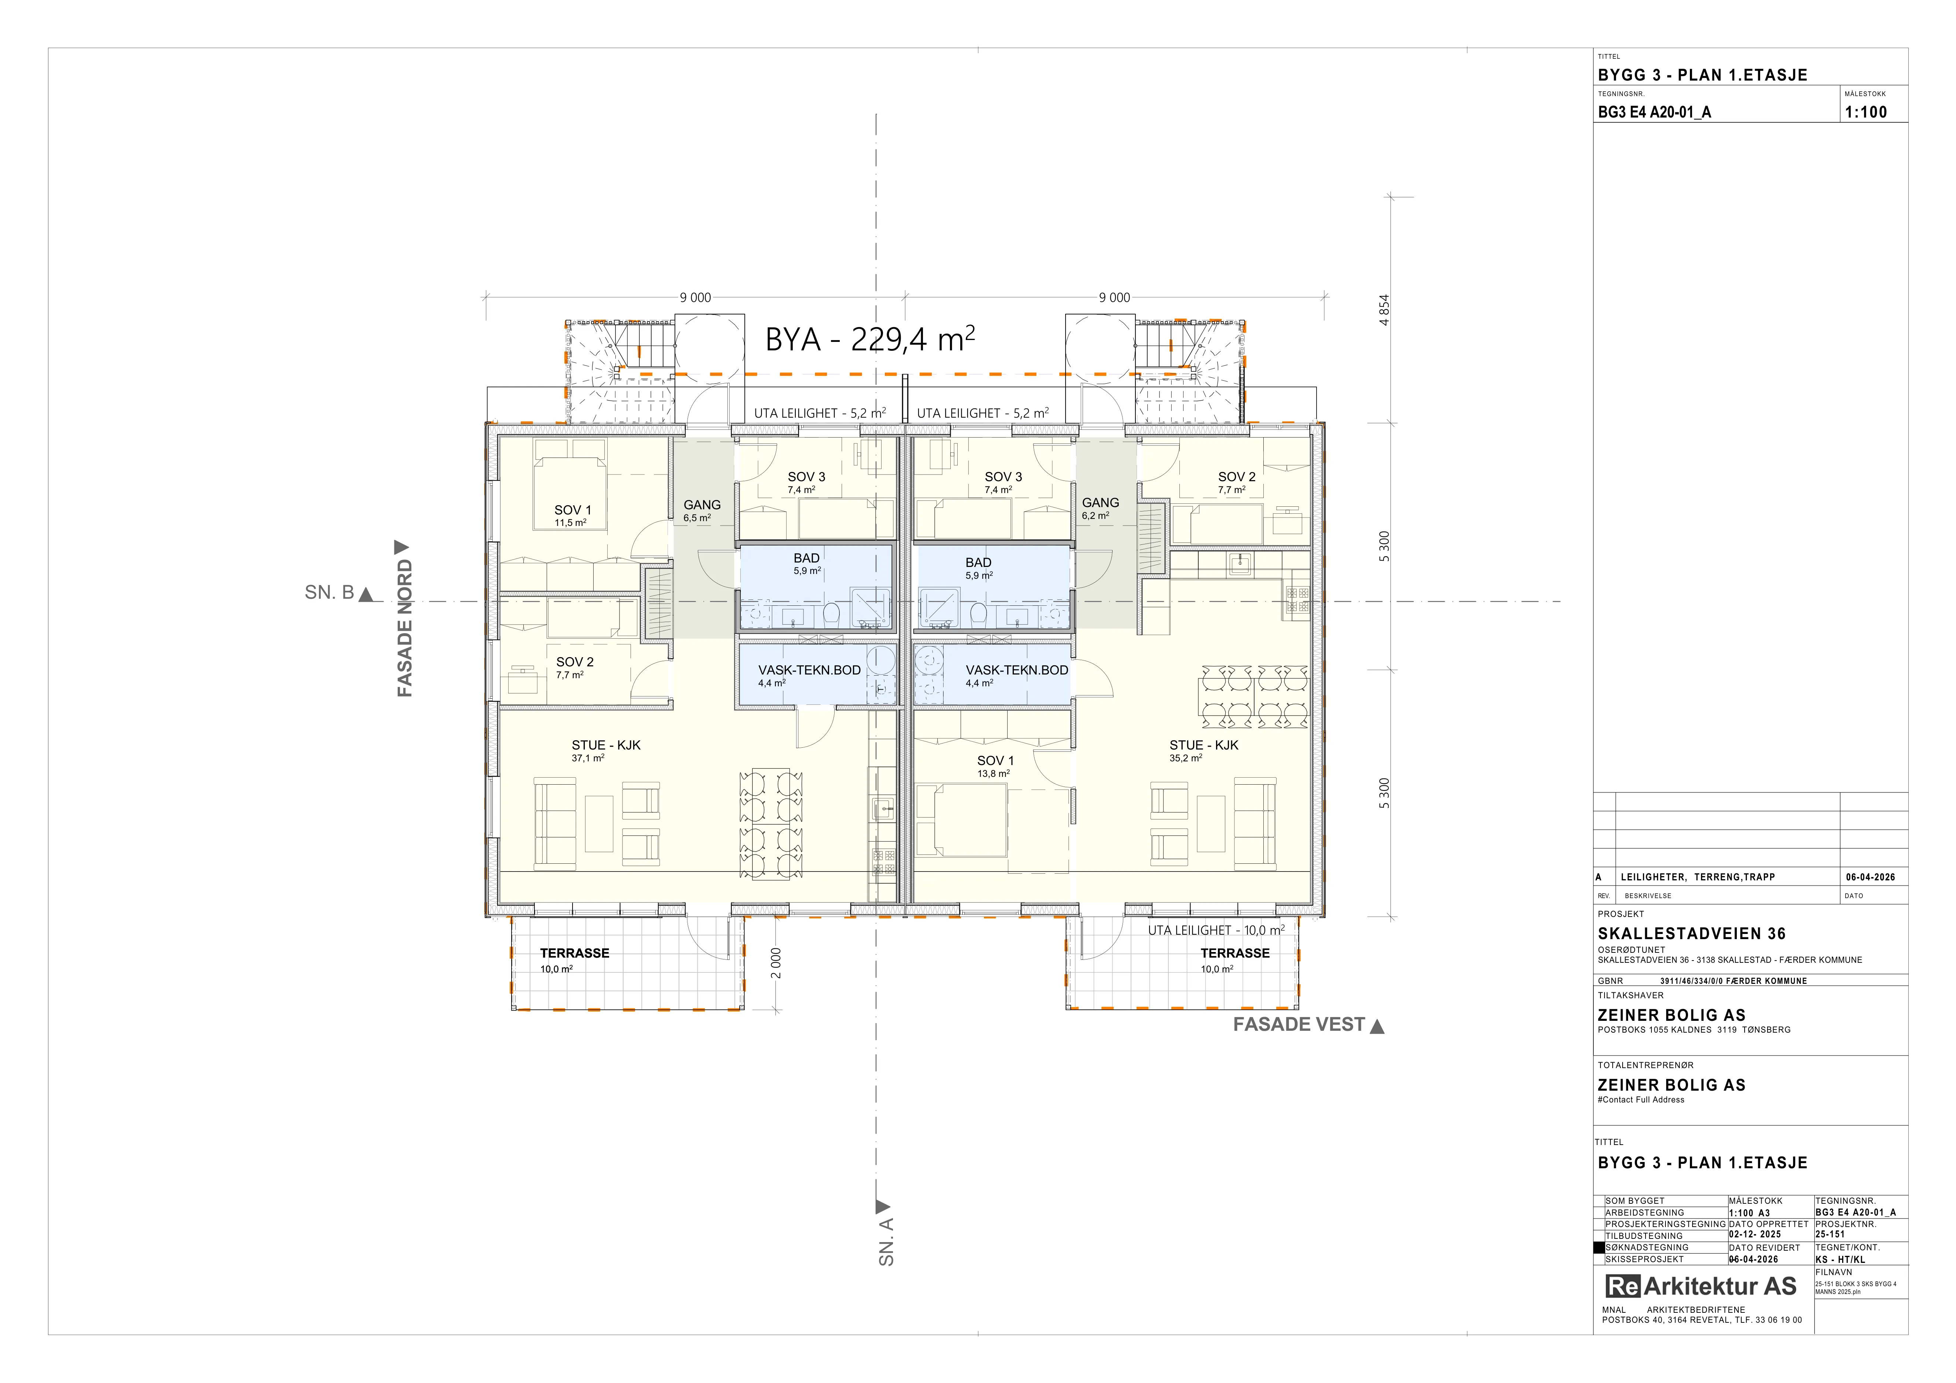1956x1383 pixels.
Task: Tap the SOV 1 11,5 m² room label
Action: coord(573,515)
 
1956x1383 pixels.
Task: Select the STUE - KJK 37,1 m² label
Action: coord(606,750)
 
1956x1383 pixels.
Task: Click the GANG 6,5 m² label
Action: coord(702,510)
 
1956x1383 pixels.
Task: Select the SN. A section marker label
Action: coord(886,1242)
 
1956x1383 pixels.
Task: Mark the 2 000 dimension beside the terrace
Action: coord(775,963)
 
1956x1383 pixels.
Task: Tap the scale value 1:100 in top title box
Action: coord(1866,112)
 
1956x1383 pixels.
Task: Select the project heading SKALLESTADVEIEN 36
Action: coord(1691,933)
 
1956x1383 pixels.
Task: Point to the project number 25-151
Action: coord(1830,1234)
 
